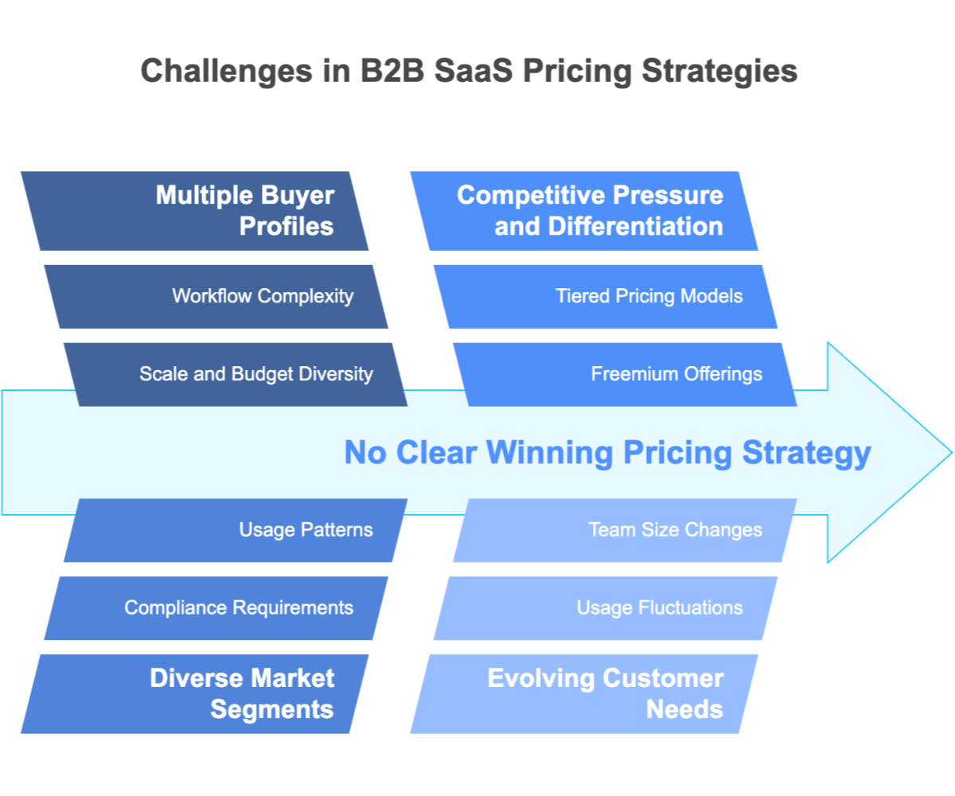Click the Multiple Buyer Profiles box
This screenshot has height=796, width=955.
pyautogui.click(x=195, y=211)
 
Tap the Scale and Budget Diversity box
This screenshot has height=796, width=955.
pyautogui.click(x=235, y=374)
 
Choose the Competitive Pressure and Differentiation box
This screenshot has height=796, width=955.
pyautogui.click(x=585, y=211)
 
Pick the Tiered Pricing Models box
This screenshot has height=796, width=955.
pyautogui.click(x=605, y=296)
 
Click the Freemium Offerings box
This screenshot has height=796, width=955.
pyautogui.click(x=625, y=374)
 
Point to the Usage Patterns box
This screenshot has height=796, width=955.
pyautogui.click(x=235, y=530)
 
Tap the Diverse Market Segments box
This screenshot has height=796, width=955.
pyautogui.click(x=195, y=693)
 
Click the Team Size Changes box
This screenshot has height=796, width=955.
pyautogui.click(x=625, y=530)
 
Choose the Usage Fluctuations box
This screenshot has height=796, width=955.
pyautogui.click(x=605, y=608)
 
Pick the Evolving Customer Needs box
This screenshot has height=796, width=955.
pyautogui.click(x=585, y=693)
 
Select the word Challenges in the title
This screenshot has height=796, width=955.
pyautogui.click(x=226, y=71)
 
